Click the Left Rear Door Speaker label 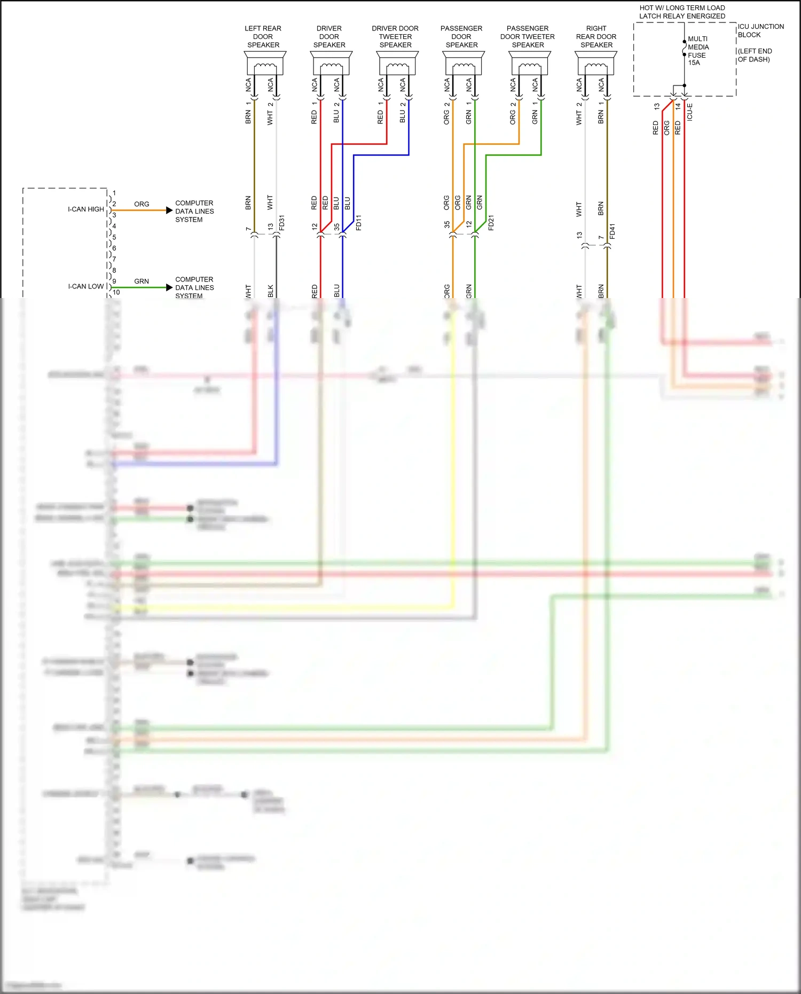click(x=263, y=37)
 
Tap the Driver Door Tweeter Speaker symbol click(x=397, y=64)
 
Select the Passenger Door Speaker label click(x=461, y=37)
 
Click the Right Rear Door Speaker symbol click(x=596, y=64)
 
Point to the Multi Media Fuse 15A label click(x=698, y=51)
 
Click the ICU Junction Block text click(x=760, y=30)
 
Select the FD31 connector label click(x=282, y=223)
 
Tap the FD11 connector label click(x=359, y=223)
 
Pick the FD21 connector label click(x=491, y=223)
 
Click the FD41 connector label click(x=612, y=231)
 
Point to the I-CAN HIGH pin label click(x=85, y=209)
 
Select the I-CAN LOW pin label click(x=85, y=286)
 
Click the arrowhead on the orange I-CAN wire click(x=169, y=210)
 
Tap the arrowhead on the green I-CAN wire click(x=169, y=287)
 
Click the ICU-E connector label click(x=689, y=112)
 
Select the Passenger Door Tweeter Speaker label click(x=528, y=37)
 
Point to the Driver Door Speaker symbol click(x=331, y=64)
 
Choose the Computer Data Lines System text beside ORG click(x=194, y=211)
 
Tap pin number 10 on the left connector click(x=116, y=292)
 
